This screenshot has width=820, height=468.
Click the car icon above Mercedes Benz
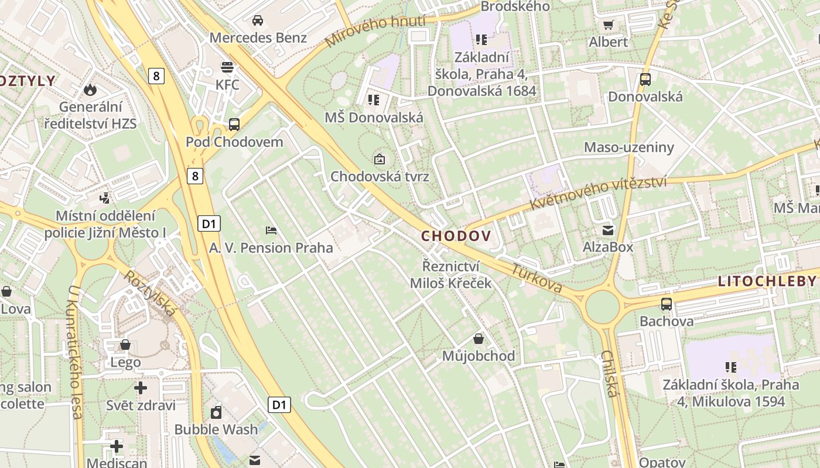(x=257, y=21)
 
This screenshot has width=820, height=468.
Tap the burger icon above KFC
(x=227, y=67)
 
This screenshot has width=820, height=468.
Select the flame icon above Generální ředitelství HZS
(x=90, y=90)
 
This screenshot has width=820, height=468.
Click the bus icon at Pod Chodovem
(x=234, y=124)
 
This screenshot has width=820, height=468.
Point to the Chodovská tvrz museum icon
(x=380, y=159)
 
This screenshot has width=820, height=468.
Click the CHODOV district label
(x=455, y=236)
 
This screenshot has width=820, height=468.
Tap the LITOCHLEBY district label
(x=767, y=281)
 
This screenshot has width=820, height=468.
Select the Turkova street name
(x=537, y=279)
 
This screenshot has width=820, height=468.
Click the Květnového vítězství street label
(x=598, y=192)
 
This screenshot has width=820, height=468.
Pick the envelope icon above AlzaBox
(x=608, y=229)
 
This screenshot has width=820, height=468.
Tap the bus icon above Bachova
(x=667, y=304)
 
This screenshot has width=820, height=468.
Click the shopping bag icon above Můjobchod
(x=479, y=339)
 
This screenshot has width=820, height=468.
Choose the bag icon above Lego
(x=125, y=345)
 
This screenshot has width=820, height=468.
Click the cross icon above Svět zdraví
(x=141, y=388)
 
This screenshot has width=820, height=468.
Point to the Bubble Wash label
(x=216, y=429)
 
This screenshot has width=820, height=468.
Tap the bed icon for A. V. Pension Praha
(x=271, y=230)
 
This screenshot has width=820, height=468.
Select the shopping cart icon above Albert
(x=608, y=25)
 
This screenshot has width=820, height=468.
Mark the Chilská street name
(x=609, y=374)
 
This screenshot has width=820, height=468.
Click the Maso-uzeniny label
(x=629, y=147)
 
